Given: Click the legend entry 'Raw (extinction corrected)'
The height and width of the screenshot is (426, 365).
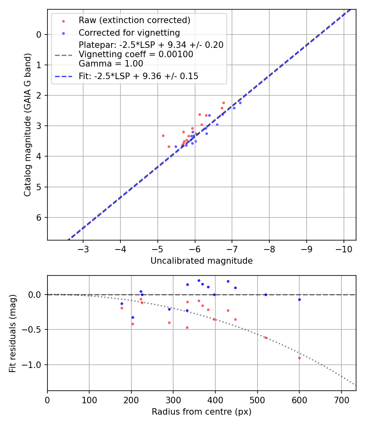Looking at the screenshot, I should (x=134, y=20).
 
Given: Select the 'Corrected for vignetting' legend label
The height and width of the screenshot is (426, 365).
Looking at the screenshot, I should (x=129, y=32).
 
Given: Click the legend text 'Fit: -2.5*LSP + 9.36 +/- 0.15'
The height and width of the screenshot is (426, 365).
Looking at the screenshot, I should (x=138, y=76).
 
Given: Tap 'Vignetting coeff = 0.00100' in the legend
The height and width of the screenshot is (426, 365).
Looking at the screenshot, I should (x=136, y=54).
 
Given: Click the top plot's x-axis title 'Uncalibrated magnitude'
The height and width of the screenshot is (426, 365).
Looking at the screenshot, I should (x=202, y=261).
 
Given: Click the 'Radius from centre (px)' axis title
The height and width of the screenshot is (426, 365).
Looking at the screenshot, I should (x=202, y=412).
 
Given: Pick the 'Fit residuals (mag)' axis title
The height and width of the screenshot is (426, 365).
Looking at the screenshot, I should (x=13, y=333).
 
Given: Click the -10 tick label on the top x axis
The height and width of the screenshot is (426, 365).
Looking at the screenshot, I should (x=344, y=249).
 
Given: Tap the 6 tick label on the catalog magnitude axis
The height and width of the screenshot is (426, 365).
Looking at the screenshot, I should (x=39, y=218).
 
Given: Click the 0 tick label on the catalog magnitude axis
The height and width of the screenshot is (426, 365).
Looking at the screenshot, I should (x=39, y=34).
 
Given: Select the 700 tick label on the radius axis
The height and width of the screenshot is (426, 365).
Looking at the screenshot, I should (x=341, y=400).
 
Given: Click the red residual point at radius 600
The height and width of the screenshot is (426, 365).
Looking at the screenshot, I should (x=299, y=358).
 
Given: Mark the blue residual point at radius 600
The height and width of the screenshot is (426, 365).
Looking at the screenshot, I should (x=299, y=299).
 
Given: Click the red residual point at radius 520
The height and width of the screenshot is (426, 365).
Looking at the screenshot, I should (x=266, y=338).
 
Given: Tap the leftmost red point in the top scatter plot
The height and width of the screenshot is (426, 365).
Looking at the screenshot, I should (x=163, y=136).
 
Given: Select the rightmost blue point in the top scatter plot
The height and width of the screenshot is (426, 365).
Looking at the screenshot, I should (x=240, y=103).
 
